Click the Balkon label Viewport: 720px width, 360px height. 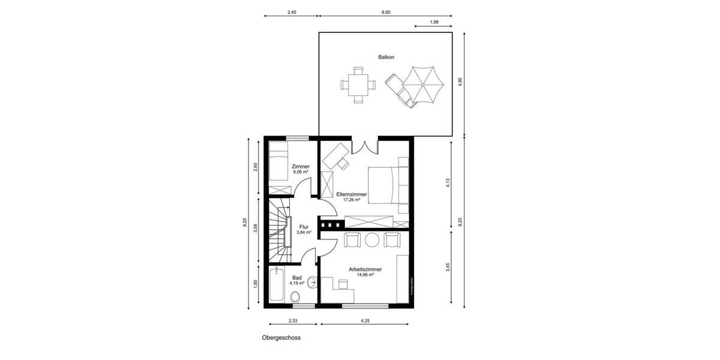386,58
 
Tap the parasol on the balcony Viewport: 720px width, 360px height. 421,85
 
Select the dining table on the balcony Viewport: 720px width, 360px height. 359,85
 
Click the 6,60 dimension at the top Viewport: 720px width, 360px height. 386,12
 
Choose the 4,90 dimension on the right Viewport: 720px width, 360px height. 460,83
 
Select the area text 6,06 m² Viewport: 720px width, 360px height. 300,172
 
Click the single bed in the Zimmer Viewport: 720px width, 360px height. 278,161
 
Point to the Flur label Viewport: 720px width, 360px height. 304,227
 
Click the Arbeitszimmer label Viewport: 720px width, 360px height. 365,270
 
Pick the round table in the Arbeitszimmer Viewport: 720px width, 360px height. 372,240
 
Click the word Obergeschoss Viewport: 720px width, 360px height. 281,338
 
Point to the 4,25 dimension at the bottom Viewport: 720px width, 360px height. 365,320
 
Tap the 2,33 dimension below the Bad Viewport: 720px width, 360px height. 293,320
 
